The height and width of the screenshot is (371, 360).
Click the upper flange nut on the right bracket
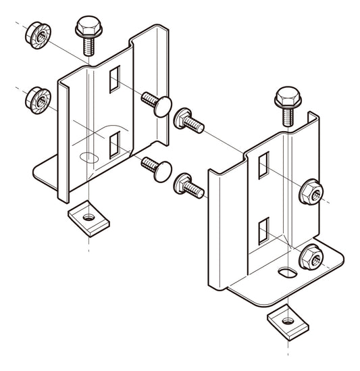point(311,193)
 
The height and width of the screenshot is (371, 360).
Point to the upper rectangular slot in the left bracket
point(114,78)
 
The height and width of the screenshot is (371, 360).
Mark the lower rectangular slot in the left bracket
point(114,144)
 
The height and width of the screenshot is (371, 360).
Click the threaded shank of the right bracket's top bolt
point(288,118)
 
